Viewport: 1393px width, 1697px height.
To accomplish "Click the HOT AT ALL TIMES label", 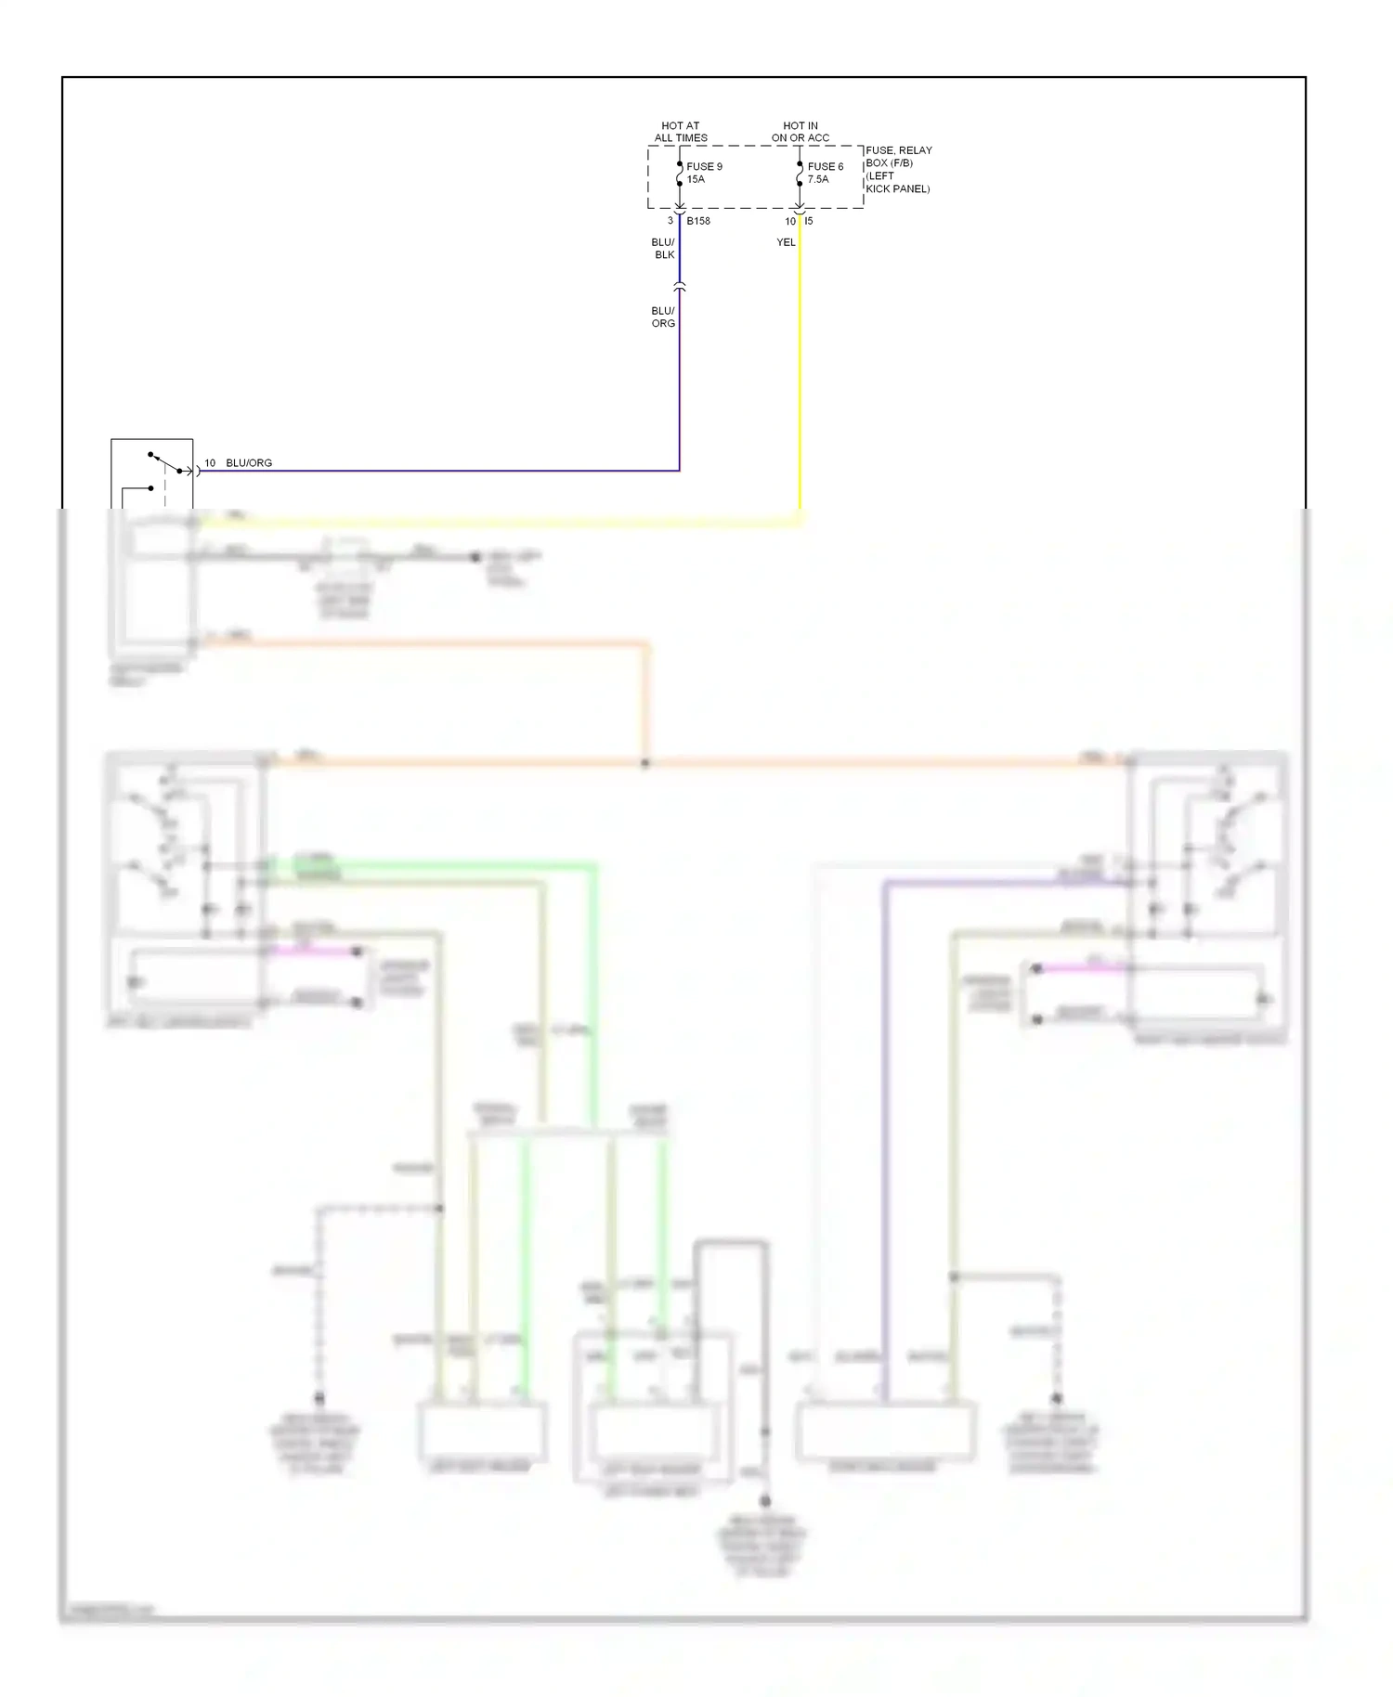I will (680, 132).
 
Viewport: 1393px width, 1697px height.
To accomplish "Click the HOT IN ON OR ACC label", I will (800, 132).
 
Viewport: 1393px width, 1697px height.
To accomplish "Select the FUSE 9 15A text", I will (704, 173).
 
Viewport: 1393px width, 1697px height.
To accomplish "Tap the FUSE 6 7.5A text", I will (825, 173).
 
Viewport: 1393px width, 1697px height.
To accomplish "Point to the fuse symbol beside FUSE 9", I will (680, 174).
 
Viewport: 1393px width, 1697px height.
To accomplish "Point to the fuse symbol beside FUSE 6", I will (800, 174).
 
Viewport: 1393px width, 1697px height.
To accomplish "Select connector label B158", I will (698, 221).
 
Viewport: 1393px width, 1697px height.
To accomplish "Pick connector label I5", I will (809, 221).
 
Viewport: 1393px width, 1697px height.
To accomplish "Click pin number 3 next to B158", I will (670, 221).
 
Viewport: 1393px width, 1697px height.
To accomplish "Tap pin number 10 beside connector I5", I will (790, 221).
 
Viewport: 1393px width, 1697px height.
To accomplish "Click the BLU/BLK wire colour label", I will (663, 248).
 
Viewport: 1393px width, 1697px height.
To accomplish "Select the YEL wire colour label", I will (786, 242).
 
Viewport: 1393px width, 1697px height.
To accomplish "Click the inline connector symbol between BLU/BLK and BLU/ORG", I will (680, 288).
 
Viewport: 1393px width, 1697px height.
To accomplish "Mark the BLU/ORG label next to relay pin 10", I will (249, 462).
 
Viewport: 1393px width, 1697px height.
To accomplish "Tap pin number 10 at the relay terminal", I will (210, 462).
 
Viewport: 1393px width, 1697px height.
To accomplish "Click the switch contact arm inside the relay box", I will (165, 461).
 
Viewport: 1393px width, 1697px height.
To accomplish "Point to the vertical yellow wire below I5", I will (800, 371).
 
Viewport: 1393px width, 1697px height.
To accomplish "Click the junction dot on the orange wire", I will (645, 763).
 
